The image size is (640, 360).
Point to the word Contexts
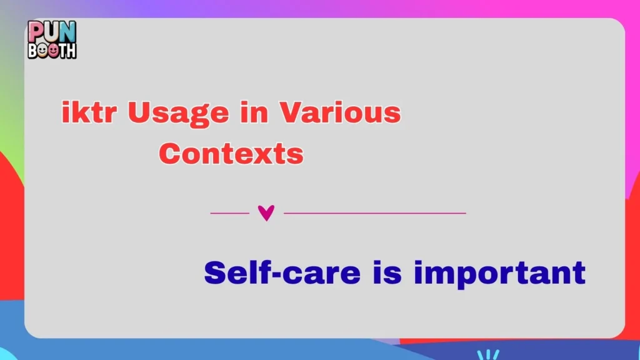[x=231, y=153]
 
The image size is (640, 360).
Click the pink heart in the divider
[x=266, y=213]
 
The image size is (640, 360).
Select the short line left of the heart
[x=229, y=213]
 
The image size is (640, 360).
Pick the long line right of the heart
[x=375, y=213]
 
